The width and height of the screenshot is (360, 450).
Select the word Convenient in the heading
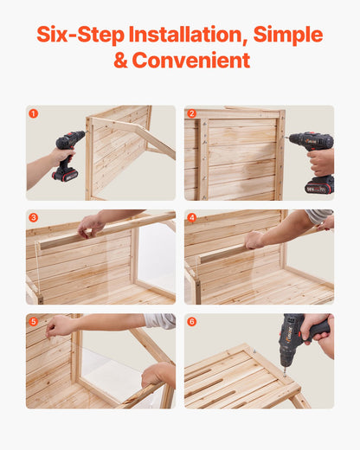pos(191,61)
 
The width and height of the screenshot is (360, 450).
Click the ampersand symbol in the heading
pos(121,61)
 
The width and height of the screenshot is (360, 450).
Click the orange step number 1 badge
pos(34,113)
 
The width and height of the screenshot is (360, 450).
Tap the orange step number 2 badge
pos(192,113)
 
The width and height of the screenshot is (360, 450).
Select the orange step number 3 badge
pos(34,217)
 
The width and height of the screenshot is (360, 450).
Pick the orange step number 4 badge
pos(192,217)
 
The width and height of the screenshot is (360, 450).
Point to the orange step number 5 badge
pos(34,321)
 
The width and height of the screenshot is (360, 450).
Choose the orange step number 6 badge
pos(192,321)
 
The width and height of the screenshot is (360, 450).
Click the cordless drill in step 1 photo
pos(67,155)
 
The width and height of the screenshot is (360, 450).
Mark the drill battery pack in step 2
pos(318,185)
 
